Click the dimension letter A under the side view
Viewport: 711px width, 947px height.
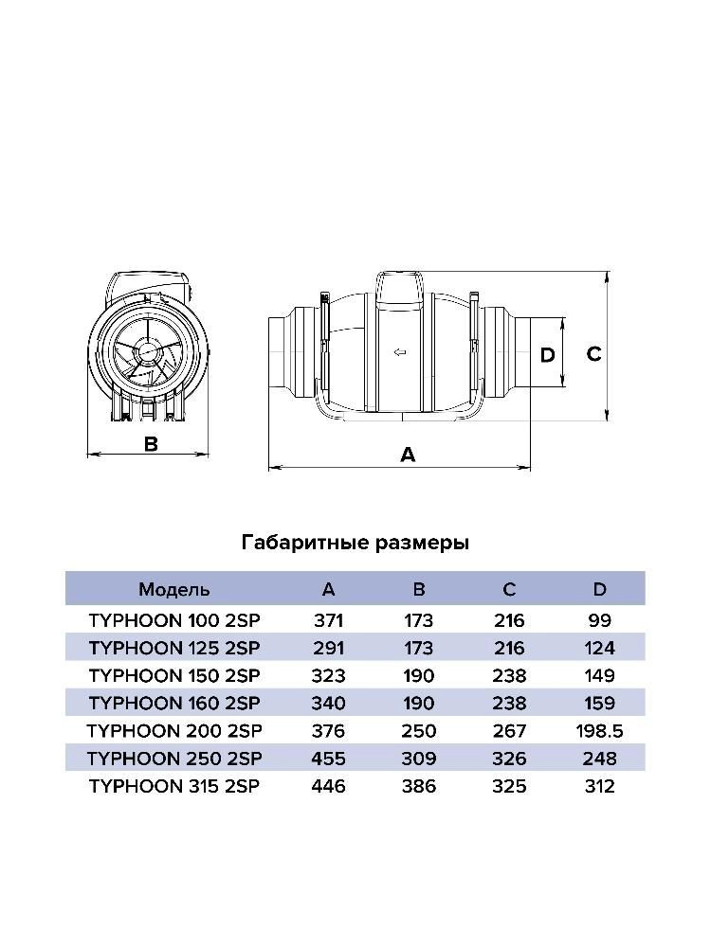[408, 455]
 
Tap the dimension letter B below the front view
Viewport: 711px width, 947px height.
[151, 444]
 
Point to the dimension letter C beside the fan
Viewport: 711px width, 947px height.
[594, 353]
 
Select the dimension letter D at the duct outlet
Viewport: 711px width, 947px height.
[547, 355]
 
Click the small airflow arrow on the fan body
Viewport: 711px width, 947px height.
[400, 352]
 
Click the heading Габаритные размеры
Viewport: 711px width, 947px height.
[355, 543]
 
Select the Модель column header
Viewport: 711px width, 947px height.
[174, 589]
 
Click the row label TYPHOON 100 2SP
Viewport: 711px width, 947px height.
[174, 620]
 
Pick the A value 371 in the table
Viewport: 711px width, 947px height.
[328, 620]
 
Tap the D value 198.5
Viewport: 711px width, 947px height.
[599, 731]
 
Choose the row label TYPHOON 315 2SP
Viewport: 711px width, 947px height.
[174, 786]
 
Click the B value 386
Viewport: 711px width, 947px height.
[418, 786]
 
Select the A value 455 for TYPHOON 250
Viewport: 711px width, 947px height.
[328, 759]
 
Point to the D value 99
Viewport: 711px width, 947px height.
[599, 620]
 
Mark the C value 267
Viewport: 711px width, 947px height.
[509, 731]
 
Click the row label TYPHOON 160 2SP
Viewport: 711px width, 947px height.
[174, 703]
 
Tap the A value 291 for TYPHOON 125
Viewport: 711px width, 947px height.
[328, 648]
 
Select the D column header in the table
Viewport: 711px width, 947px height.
[599, 589]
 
